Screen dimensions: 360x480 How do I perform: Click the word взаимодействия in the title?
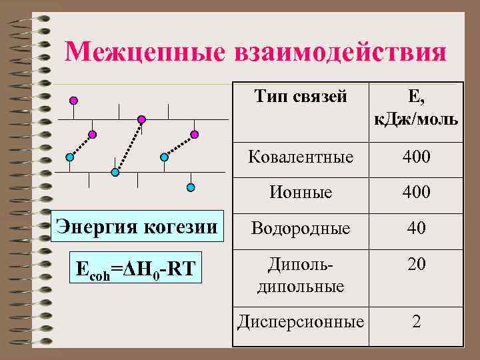pos(340,52)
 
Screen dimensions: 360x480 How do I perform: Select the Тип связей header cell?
pos(301,97)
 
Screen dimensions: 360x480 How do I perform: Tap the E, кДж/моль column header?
pos(416,108)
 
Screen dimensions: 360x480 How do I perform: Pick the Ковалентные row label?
pos(301,158)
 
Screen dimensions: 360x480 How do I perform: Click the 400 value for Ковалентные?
pos(416,158)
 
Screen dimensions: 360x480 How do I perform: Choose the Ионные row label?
pos(301,193)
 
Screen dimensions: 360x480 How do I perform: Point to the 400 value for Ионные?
pos(416,193)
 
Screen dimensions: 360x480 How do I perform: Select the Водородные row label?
pos(301,229)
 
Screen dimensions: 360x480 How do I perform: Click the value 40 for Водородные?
pos(416,229)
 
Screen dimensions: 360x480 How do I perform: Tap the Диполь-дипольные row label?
pos(301,275)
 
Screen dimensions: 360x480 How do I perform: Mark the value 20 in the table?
pos(416,265)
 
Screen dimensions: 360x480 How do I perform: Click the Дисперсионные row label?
pos(301,322)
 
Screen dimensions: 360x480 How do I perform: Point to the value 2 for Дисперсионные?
pos(416,322)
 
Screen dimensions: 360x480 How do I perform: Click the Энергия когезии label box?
pos(136,227)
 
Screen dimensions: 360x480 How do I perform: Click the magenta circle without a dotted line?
pos(74,101)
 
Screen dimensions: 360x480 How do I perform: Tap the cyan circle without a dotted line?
pos(191,187)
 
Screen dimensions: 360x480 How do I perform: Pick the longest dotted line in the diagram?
pos(128,146)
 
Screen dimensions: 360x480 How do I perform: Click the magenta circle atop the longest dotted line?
pos(141,119)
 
